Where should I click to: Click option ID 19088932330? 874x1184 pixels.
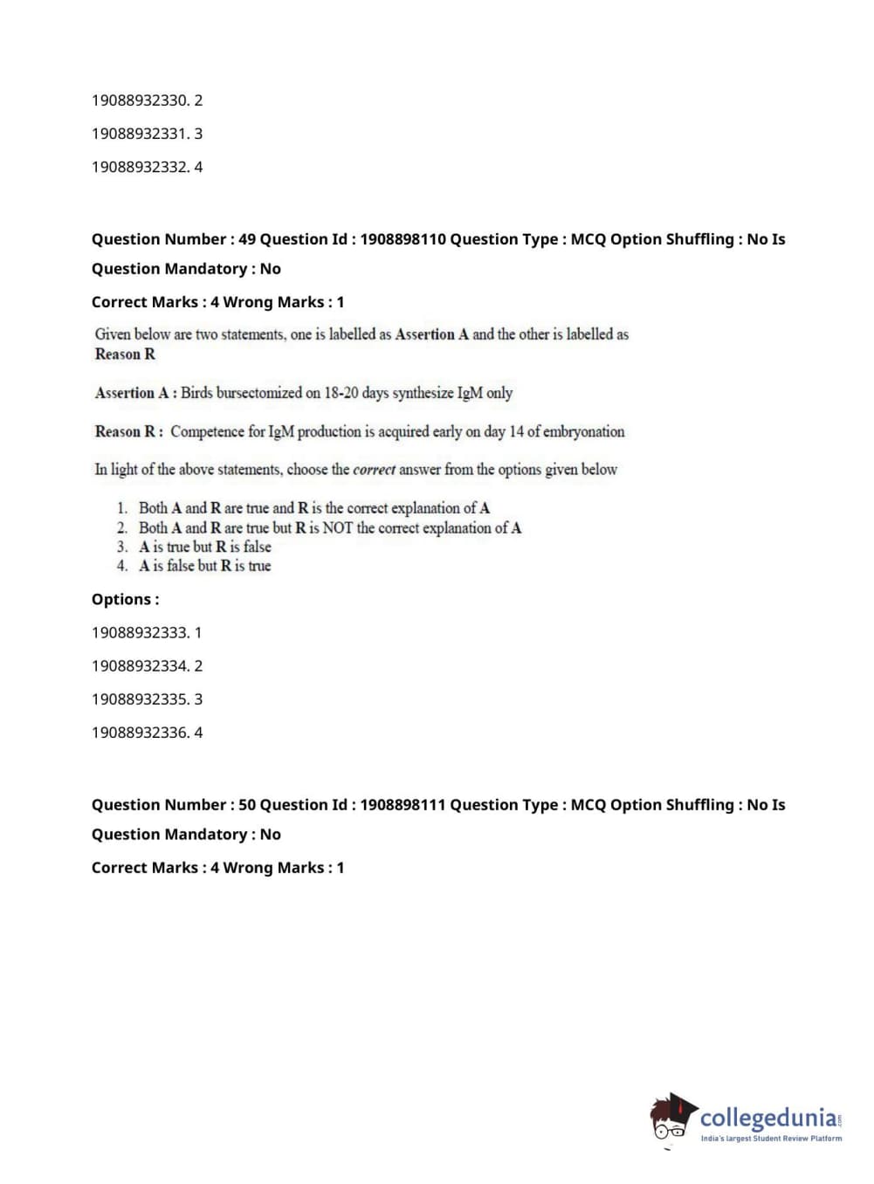[140, 100]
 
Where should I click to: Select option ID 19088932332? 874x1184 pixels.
[140, 167]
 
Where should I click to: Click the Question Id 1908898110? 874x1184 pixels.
[403, 239]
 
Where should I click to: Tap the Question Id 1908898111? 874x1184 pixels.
[403, 805]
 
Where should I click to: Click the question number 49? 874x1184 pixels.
[247, 239]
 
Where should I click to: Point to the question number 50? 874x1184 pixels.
[247, 805]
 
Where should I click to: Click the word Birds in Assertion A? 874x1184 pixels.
[196, 393]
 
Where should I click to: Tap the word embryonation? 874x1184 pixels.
[583, 431]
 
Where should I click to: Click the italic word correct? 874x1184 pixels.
[374, 470]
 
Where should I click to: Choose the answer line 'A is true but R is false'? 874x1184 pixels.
[204, 547]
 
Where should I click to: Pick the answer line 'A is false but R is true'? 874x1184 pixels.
[204, 566]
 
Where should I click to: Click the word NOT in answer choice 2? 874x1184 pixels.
[338, 527]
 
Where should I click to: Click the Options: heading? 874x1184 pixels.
[125, 600]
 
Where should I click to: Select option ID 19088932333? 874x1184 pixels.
[140, 633]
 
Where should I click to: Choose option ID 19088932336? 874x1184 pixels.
[140, 733]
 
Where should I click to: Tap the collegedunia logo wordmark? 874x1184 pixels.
[768, 1118]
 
